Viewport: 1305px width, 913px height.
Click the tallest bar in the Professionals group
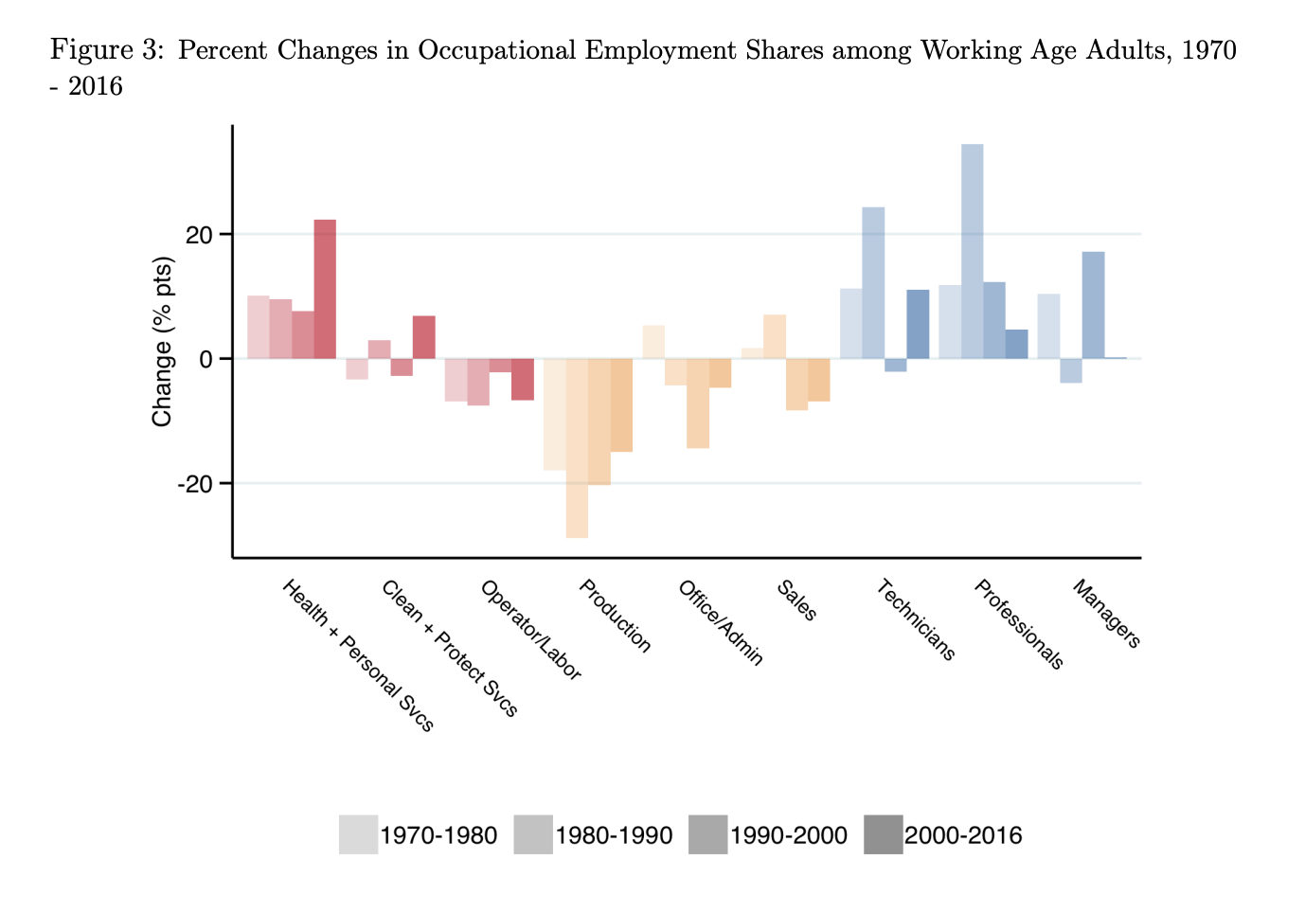[972, 251]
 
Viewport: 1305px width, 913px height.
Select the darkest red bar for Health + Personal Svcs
[325, 289]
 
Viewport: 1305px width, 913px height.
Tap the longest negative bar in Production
[577, 448]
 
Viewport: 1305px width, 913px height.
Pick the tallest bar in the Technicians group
[873, 282]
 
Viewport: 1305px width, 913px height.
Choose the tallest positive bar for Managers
[1093, 305]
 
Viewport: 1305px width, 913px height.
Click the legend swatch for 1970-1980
[358, 834]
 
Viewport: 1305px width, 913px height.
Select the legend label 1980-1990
[614, 835]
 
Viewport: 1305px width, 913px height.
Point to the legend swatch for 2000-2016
[883, 834]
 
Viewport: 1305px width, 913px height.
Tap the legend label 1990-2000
[789, 835]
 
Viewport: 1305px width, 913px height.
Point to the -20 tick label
[196, 484]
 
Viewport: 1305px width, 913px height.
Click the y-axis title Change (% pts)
[163, 342]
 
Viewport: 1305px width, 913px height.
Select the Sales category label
[796, 600]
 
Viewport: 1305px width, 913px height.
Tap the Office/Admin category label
[721, 623]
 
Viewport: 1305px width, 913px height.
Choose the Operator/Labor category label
[530, 630]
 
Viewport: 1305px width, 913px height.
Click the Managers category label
[1106, 614]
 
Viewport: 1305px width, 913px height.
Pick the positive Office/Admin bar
[653, 342]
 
